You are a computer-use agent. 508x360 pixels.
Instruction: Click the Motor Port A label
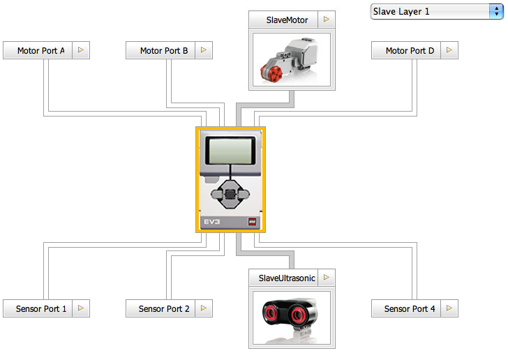click(x=40, y=50)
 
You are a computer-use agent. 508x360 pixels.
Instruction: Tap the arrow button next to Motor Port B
click(x=204, y=50)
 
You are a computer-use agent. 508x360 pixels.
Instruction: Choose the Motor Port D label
click(x=409, y=50)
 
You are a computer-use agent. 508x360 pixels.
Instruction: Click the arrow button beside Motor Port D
click(x=449, y=50)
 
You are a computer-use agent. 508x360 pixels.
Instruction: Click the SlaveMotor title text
click(x=287, y=20)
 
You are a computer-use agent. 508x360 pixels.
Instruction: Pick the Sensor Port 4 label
click(x=410, y=308)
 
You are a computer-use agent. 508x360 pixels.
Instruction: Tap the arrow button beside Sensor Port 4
click(x=449, y=308)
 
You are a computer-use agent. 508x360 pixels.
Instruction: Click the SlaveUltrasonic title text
click(x=287, y=278)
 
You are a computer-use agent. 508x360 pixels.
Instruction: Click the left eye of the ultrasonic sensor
click(x=273, y=313)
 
